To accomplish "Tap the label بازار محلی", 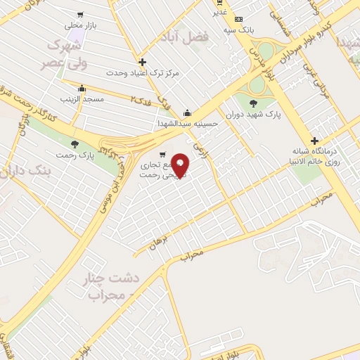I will pos(79,25).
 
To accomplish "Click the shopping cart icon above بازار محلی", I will pos(80,14).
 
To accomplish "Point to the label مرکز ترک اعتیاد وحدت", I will pos(143,72).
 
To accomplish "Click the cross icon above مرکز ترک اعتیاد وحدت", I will pos(143,62).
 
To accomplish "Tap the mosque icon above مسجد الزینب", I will pos(82,89).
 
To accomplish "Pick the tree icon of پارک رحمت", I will pos(75,143).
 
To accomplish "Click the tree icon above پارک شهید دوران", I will pos(253,103).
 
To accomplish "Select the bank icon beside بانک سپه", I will pos(239,19).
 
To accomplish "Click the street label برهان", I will pos(159,243).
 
